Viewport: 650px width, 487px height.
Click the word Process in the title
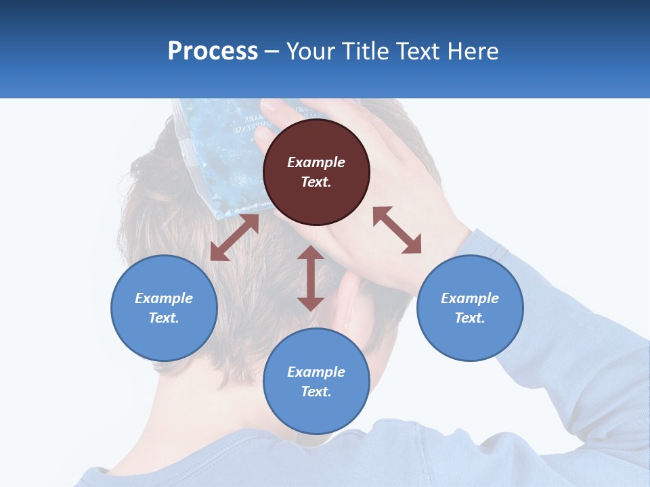click(x=213, y=52)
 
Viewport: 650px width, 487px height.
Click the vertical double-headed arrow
click(x=311, y=278)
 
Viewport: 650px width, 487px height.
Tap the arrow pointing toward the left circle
click(x=234, y=237)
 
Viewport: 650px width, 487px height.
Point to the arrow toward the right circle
click(x=397, y=231)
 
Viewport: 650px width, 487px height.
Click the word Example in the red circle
click(x=316, y=162)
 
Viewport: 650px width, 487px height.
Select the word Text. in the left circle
click(x=164, y=318)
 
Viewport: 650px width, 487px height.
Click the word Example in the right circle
click(x=470, y=298)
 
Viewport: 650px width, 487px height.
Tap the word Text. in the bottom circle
click(x=316, y=392)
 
